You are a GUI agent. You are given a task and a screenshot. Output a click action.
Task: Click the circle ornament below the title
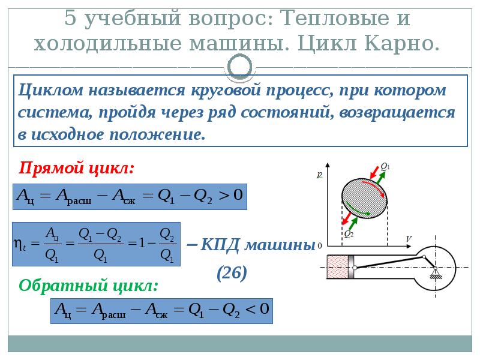click(x=240, y=66)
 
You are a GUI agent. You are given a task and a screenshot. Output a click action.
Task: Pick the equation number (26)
click(x=232, y=273)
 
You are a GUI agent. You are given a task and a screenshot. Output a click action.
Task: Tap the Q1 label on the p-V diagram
click(x=385, y=167)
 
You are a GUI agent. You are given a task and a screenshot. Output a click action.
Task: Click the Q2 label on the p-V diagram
click(x=348, y=235)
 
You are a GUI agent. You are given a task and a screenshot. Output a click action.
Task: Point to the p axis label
click(x=320, y=175)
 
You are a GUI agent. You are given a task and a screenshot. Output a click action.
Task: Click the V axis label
click(x=408, y=239)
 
